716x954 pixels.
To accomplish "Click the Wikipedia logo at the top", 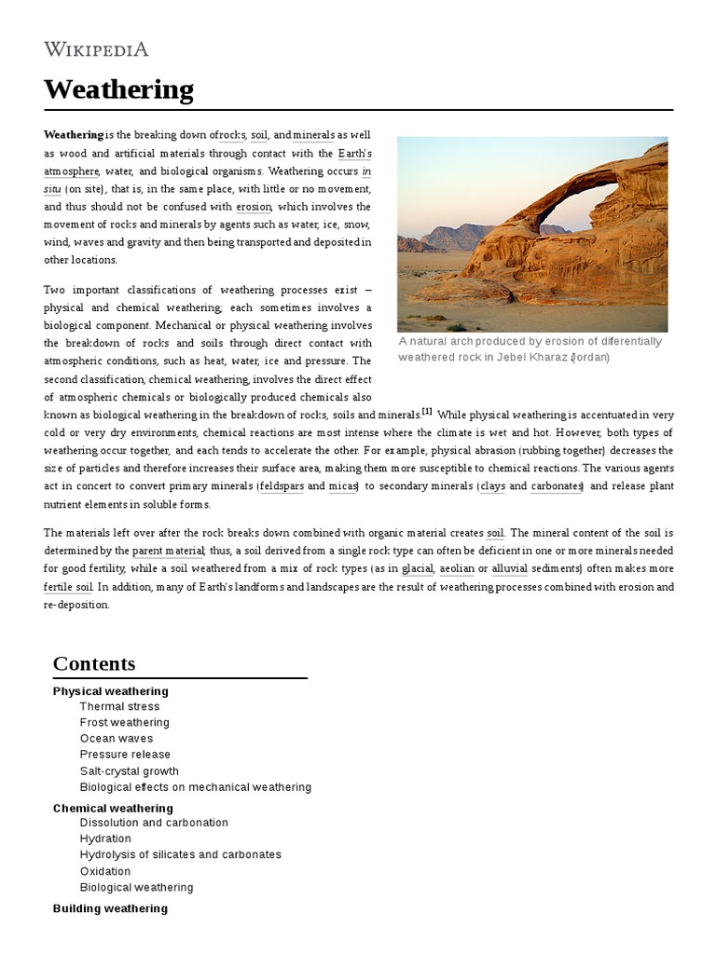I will pos(96,49).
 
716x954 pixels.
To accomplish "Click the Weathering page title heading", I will pos(118,90).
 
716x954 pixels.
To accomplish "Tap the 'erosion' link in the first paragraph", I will pos(254,207).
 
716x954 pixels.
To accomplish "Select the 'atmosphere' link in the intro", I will pos(71,171).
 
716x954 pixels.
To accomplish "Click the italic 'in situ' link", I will pos(366,171).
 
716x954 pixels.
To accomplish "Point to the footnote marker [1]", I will pos(427,412).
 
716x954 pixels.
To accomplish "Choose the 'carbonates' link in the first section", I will pos(557,486).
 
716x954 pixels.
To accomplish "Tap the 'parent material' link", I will pos(168,552).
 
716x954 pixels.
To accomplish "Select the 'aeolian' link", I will pos(457,569).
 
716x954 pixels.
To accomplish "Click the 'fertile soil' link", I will pos(68,587).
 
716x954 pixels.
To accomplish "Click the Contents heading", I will pos(94,663).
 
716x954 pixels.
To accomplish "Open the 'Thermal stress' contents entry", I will pos(119,707).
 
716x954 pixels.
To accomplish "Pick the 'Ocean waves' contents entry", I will pos(117,739).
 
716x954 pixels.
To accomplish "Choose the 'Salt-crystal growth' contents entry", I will pos(129,771).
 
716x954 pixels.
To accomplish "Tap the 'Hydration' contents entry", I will pos(105,838).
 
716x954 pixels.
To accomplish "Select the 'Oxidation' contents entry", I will pos(105,871).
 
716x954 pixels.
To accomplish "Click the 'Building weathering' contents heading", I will pos(110,908).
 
